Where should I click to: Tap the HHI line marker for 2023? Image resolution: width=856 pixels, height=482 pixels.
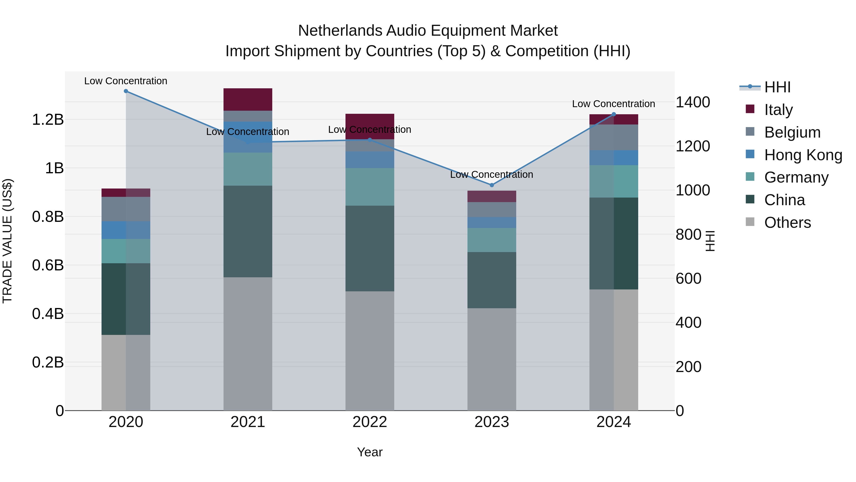(492, 185)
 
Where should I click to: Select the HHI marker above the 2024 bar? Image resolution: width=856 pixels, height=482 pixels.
(614, 114)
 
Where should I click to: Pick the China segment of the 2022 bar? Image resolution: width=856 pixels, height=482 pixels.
(370, 248)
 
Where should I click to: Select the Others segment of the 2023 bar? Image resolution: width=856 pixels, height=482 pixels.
(491, 359)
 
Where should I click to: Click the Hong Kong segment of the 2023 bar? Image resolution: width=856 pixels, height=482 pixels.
(491, 223)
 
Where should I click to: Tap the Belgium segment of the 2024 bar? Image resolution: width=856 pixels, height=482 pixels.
(613, 137)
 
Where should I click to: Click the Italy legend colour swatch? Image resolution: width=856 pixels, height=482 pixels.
(750, 109)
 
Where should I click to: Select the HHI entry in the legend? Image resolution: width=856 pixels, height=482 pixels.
(777, 87)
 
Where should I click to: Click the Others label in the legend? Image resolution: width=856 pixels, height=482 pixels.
(787, 223)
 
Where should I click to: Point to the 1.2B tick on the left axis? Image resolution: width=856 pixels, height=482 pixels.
(48, 120)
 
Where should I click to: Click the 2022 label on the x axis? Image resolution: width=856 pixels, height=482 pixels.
(370, 422)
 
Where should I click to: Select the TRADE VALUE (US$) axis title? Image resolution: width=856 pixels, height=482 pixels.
(7, 241)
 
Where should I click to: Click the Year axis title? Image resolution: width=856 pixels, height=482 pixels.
(370, 452)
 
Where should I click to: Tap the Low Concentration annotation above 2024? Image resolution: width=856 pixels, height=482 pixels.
(613, 104)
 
